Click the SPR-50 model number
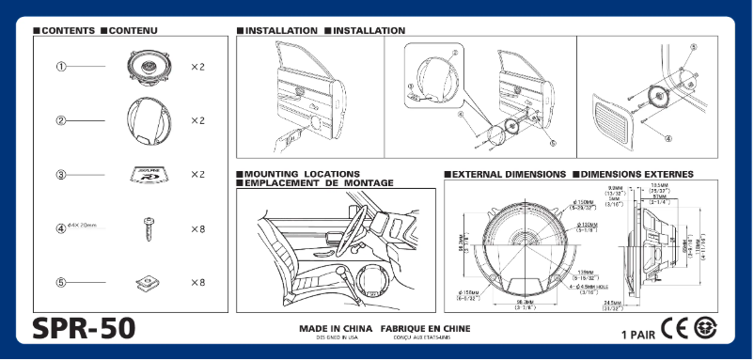[x=84, y=328]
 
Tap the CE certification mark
[x=675, y=330]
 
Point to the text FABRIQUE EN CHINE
[x=425, y=329]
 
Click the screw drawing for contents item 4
[x=148, y=227]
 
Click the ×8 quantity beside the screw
[x=197, y=228]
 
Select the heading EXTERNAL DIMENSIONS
[x=509, y=175]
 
